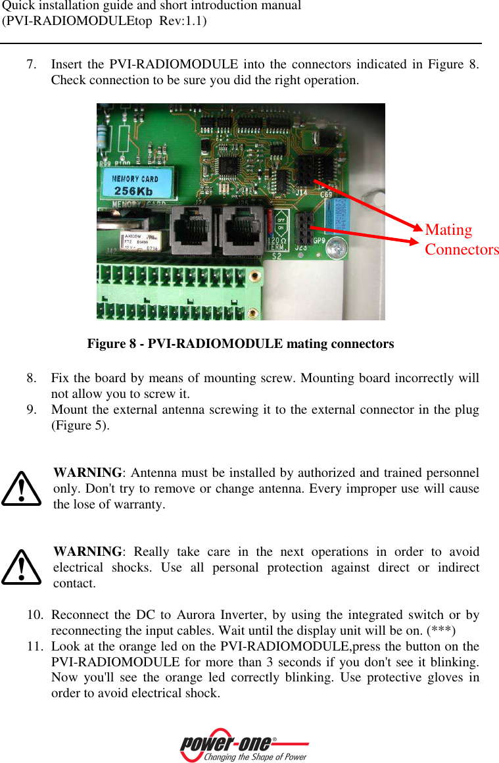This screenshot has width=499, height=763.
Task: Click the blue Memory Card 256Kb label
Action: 136,185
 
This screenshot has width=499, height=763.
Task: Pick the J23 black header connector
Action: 303,230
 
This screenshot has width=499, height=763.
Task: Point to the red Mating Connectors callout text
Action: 461,239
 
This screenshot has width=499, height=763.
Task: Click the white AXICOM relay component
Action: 140,241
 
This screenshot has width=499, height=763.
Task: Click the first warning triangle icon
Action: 22,488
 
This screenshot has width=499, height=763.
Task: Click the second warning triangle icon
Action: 22,567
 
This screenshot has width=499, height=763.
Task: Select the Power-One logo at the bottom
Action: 244,746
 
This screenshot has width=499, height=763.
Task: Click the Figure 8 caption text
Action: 241,344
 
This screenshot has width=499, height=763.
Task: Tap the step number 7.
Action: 31,65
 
